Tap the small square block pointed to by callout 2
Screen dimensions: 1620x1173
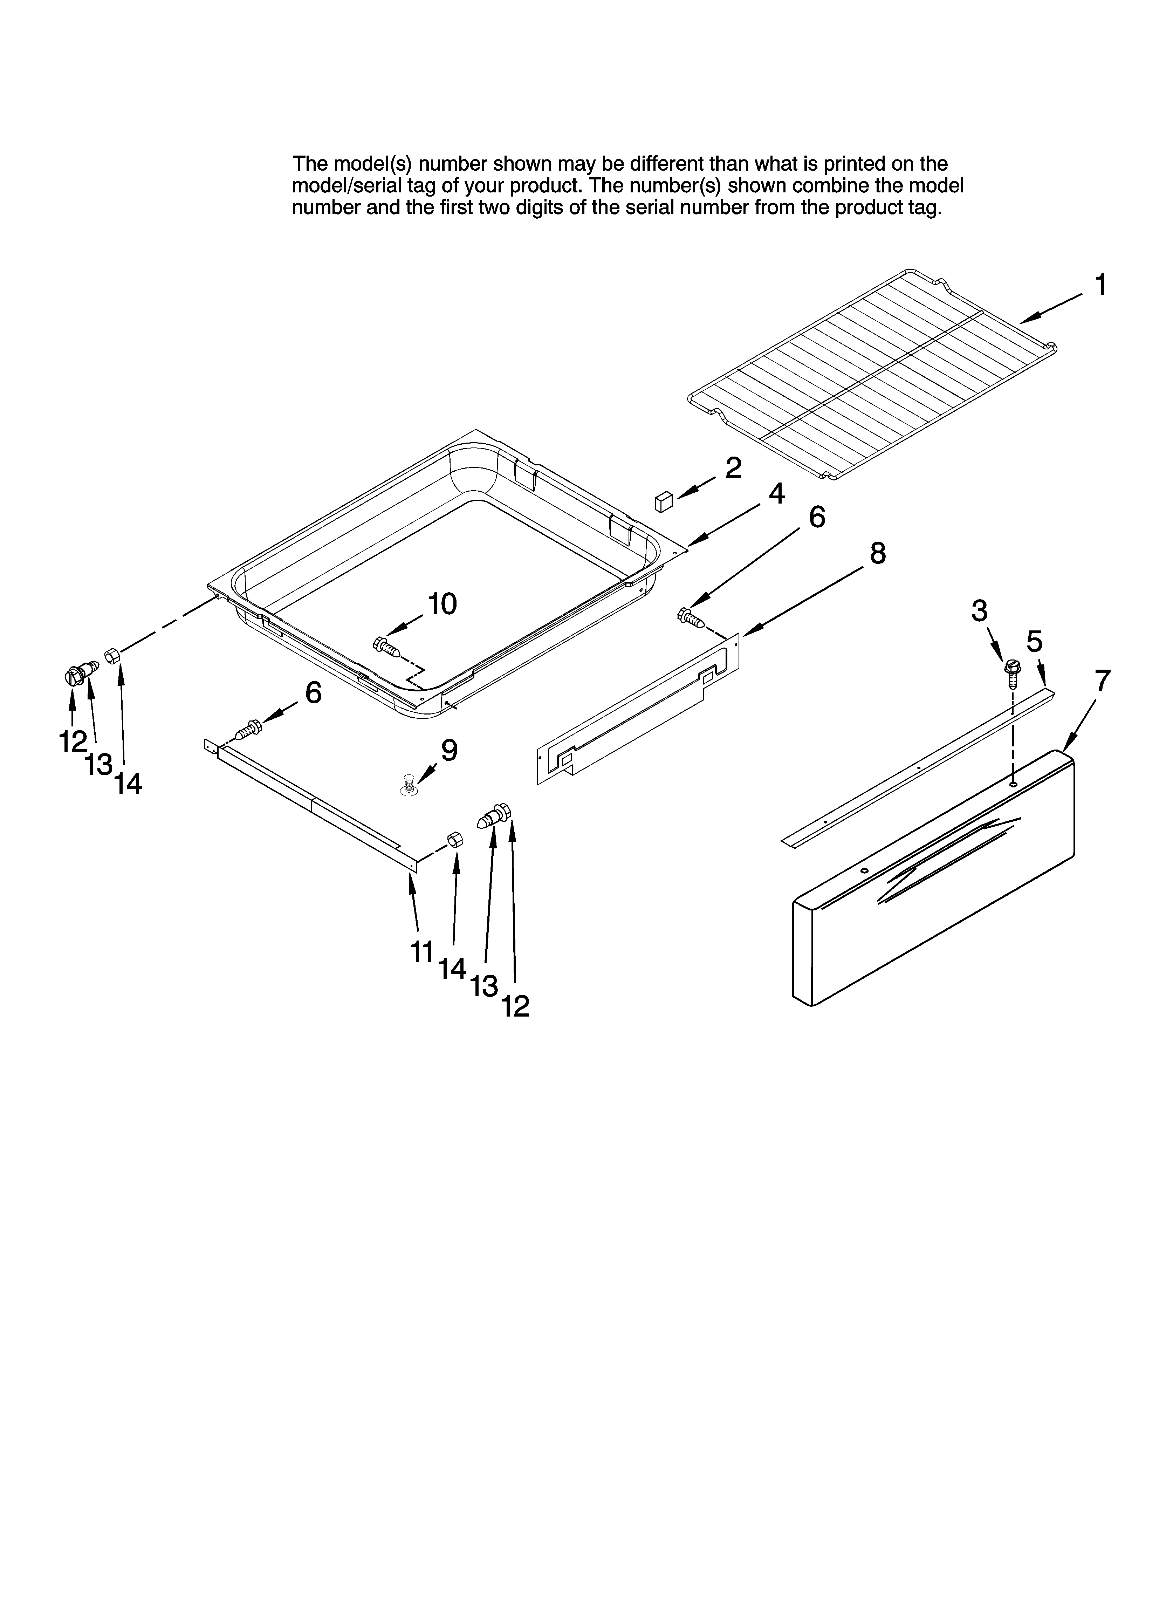(x=664, y=501)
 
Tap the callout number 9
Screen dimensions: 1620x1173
(x=448, y=750)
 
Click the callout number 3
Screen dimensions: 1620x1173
(x=979, y=611)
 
